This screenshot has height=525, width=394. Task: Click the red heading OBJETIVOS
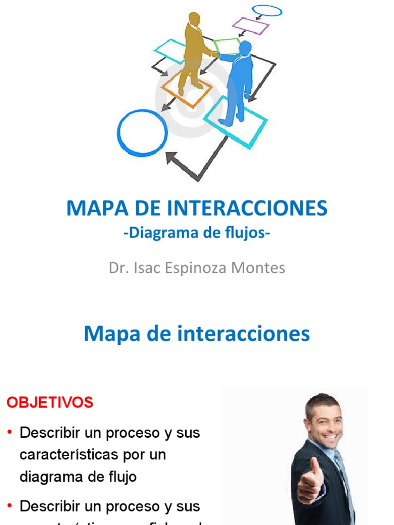pyautogui.click(x=50, y=402)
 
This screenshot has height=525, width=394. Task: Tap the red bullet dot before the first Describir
pyautogui.click(x=10, y=433)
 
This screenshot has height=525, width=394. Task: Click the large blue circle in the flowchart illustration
pyautogui.click(x=142, y=133)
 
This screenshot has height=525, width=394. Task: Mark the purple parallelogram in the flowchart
pyautogui.click(x=250, y=25)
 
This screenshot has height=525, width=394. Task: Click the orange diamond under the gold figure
pyautogui.click(x=187, y=88)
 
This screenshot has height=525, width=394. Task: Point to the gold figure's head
pyautogui.click(x=194, y=19)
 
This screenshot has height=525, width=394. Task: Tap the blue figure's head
pyautogui.click(x=245, y=48)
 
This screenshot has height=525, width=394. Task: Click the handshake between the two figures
pyautogui.click(x=216, y=54)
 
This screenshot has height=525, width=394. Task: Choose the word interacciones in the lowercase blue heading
pyautogui.click(x=244, y=334)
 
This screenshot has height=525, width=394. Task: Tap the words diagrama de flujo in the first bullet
pyautogui.click(x=78, y=477)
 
